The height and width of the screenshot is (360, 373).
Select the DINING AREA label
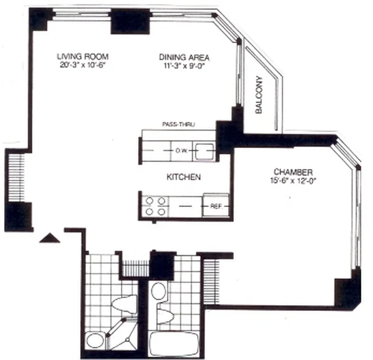click(x=184, y=57)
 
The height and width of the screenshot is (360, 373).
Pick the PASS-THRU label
click(x=178, y=124)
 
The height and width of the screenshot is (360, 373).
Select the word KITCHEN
click(x=184, y=177)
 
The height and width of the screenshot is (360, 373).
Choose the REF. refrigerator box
click(x=216, y=207)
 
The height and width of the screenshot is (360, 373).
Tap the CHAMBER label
click(x=293, y=172)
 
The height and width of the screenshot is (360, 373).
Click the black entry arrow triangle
click(x=49, y=238)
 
